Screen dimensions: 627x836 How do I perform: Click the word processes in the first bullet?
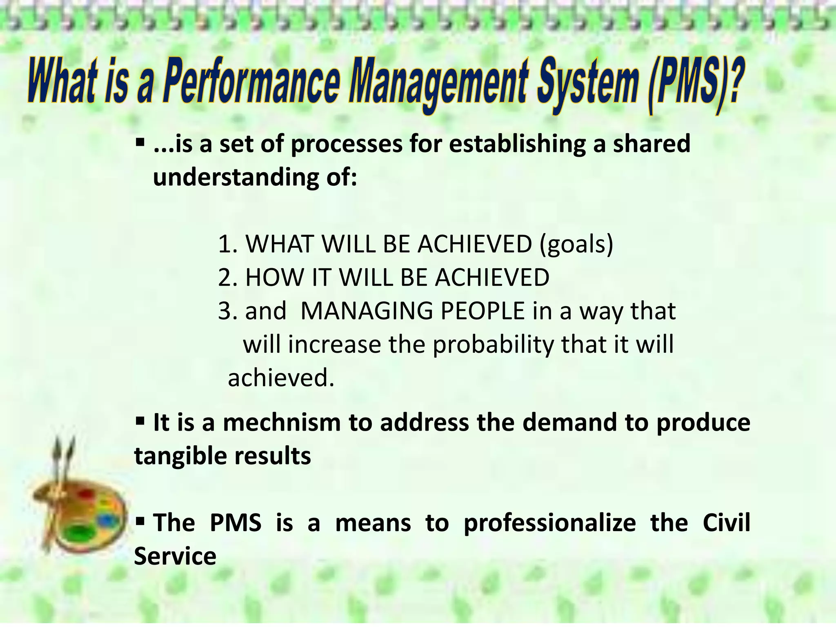[346, 144]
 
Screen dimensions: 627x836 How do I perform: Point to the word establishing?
[517, 144]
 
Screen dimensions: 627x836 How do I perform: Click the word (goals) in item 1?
[576, 245]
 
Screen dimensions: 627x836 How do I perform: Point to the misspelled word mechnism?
[282, 422]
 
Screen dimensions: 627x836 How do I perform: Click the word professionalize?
[549, 523]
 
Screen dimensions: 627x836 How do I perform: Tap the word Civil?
[726, 523]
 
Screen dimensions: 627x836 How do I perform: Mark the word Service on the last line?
[175, 556]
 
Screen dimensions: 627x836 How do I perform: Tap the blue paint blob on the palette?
[107, 520]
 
